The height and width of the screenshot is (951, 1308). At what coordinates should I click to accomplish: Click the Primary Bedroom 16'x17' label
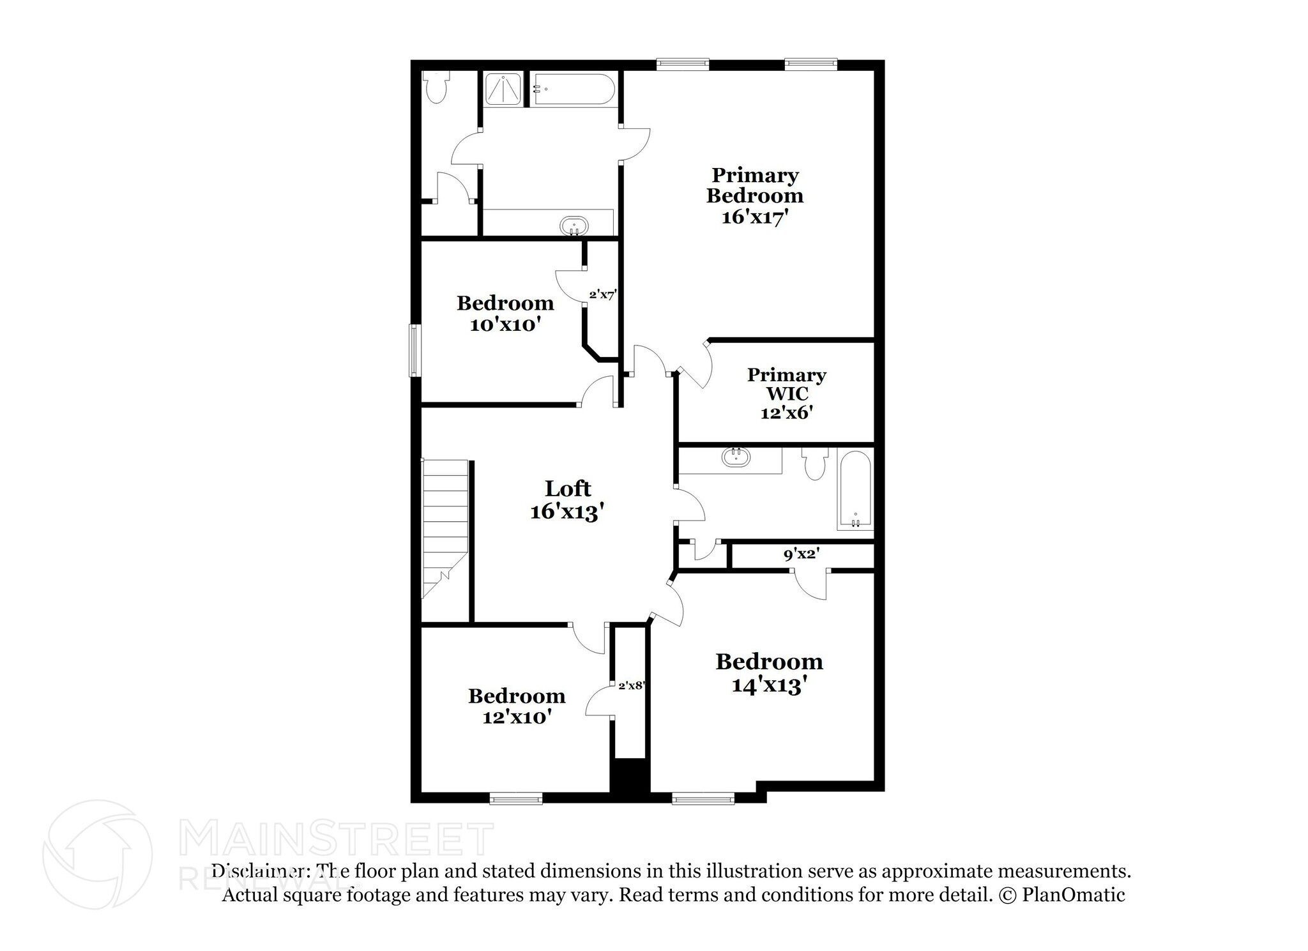point(754,195)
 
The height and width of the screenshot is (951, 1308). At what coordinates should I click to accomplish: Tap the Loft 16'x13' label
point(568,500)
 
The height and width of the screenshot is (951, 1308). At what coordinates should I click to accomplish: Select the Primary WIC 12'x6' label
point(787,393)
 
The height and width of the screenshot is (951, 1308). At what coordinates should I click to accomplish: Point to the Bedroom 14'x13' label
point(769,673)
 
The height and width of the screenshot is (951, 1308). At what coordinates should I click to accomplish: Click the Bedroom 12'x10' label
point(517,706)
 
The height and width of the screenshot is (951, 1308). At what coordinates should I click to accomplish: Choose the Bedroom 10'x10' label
point(505,313)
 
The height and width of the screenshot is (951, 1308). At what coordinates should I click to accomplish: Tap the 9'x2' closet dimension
point(802,554)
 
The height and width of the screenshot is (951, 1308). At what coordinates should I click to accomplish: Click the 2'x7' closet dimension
point(602,295)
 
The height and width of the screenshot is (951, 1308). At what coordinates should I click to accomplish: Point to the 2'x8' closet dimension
point(632,686)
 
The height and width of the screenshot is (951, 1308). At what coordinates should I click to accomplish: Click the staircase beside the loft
point(445,529)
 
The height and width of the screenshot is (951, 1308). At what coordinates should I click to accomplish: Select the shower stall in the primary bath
point(503,89)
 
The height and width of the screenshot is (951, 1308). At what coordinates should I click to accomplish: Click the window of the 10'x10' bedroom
point(414,350)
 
